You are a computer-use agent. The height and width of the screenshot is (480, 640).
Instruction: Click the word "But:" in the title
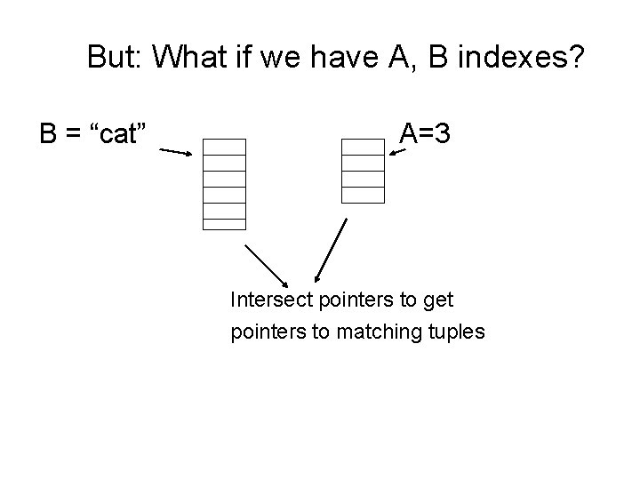coord(116,59)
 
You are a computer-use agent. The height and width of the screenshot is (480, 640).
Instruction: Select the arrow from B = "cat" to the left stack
coord(176,152)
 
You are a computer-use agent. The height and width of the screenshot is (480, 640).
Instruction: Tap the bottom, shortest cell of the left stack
coord(224,224)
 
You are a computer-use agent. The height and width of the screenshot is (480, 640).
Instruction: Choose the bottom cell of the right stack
coord(363,195)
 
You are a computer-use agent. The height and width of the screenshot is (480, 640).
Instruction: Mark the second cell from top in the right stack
coord(363,163)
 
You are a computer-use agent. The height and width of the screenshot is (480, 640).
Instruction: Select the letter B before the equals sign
coord(49,134)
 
